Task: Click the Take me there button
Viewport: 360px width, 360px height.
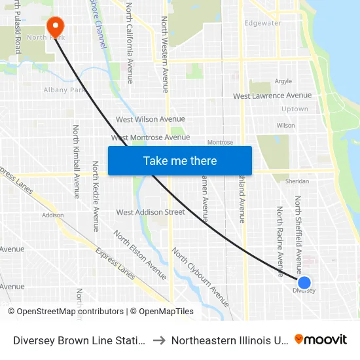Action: (x=180, y=160)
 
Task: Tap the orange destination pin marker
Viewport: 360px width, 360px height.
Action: (x=56, y=26)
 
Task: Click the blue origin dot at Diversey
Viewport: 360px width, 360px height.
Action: (x=304, y=283)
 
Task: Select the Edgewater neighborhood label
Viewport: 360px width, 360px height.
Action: (x=262, y=23)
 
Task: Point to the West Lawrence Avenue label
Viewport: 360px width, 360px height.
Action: (x=272, y=96)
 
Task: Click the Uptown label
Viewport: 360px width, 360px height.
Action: (x=295, y=109)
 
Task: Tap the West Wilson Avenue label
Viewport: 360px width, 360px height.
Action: (x=151, y=119)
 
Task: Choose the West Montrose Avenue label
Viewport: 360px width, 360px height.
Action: (x=151, y=137)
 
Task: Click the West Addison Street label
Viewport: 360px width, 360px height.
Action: (x=151, y=212)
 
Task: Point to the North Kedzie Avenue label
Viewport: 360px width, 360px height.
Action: (x=95, y=196)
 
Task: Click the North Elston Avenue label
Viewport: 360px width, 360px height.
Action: (x=139, y=250)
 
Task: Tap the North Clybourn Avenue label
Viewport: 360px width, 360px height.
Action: (x=200, y=277)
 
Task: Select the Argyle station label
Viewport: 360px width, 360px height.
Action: (x=283, y=82)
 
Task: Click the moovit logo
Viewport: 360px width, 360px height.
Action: (x=321, y=339)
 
